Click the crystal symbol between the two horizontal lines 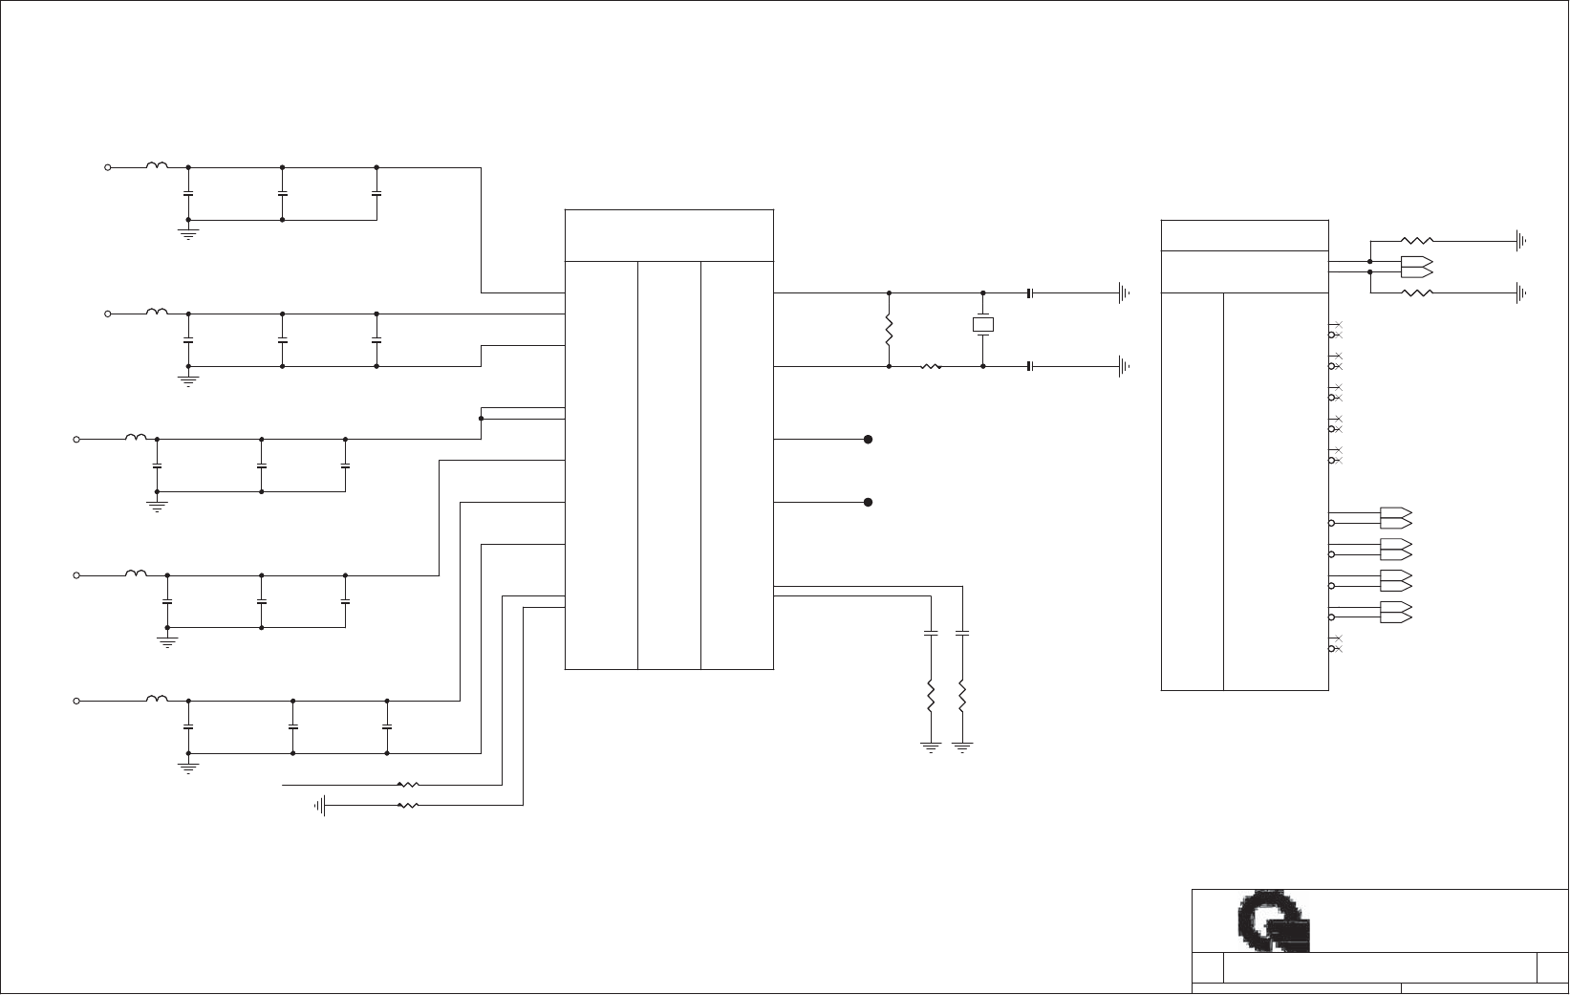(x=983, y=325)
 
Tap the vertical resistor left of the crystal (x=889, y=331)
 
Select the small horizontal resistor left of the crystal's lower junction (x=931, y=366)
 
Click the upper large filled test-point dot (x=868, y=440)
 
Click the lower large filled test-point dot (x=868, y=502)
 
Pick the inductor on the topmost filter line (x=157, y=166)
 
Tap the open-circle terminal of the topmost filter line (x=108, y=167)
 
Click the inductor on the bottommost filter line (x=157, y=700)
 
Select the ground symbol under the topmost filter (x=188, y=232)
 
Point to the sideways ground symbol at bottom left (x=321, y=806)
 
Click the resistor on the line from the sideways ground (x=408, y=806)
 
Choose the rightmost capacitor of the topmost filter (x=376, y=194)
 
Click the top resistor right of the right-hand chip (x=1416, y=241)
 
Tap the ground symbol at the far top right (x=1520, y=241)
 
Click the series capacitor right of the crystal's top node (x=1030, y=292)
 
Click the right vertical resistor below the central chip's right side (x=962, y=697)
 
